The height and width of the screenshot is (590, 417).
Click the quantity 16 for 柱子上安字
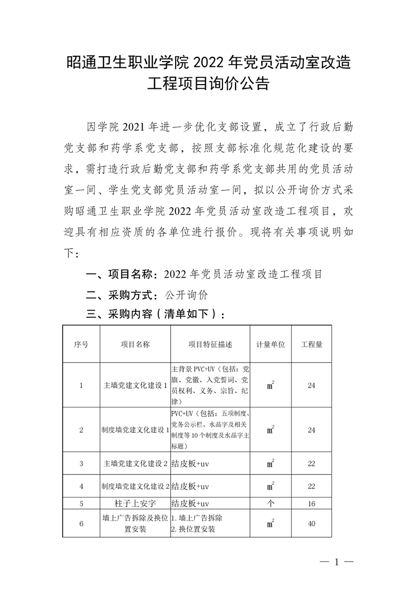coord(311,503)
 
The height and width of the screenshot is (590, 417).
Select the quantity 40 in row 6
coord(311,523)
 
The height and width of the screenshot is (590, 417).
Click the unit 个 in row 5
coord(270,503)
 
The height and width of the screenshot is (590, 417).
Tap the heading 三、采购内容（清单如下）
coord(156,314)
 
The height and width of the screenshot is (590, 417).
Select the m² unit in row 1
coord(270,385)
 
